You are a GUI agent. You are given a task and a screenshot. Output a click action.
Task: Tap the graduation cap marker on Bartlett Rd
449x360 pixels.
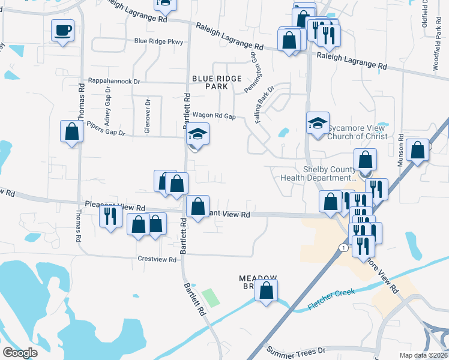(196, 134)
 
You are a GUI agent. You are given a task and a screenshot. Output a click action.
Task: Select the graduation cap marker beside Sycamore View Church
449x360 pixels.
(318, 124)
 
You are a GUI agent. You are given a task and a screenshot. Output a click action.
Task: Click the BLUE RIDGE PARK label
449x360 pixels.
(217, 82)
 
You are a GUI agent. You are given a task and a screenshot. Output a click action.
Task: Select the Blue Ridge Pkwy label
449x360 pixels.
(158, 41)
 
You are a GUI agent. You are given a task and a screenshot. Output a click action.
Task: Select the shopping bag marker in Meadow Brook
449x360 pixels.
(267, 290)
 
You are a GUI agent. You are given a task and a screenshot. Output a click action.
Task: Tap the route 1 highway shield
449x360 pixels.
(342, 247)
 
